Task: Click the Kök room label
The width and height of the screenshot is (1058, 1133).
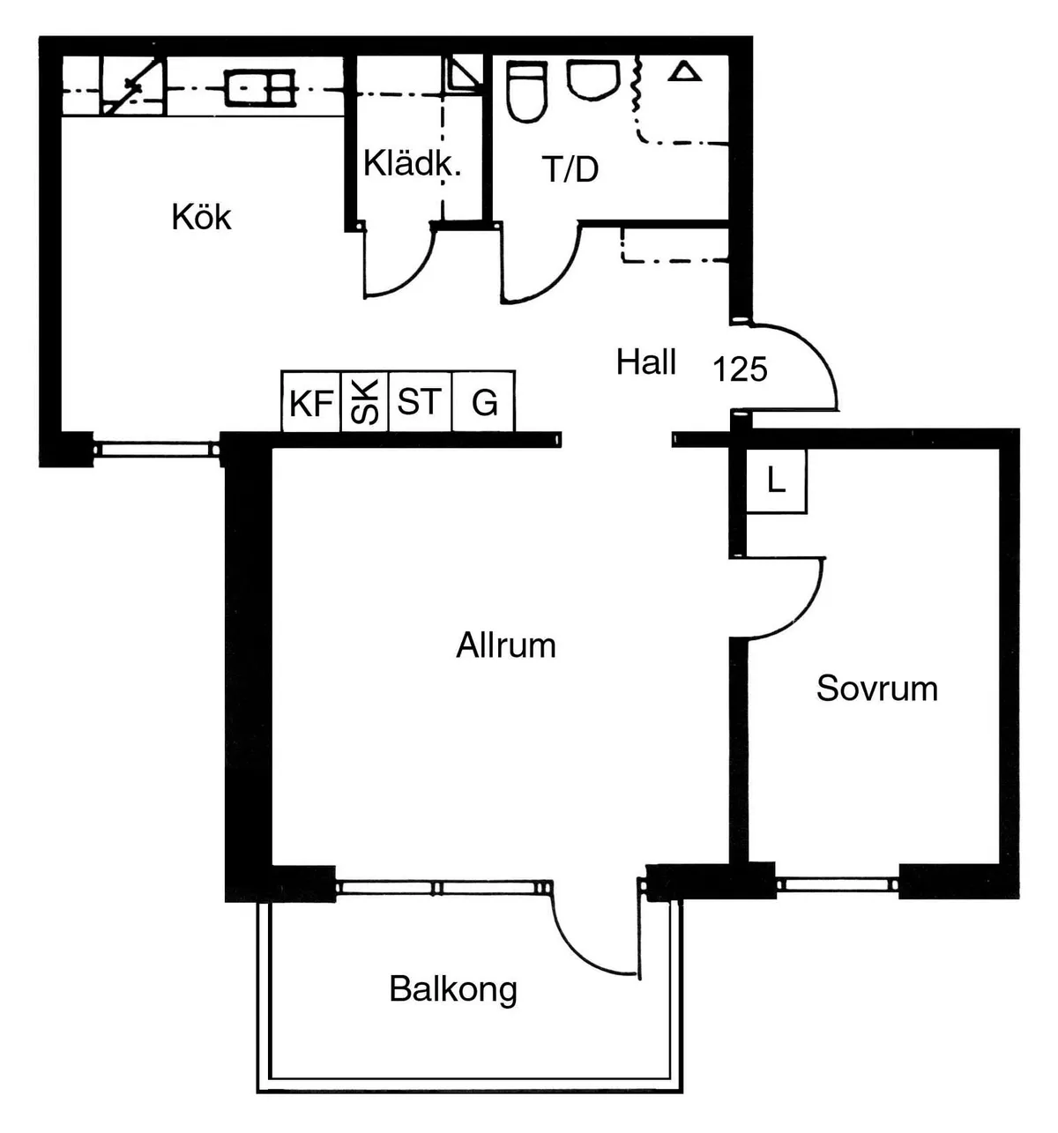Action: pos(201,217)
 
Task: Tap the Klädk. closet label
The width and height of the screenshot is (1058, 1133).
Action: pos(412,163)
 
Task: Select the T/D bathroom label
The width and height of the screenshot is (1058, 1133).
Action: pos(570,169)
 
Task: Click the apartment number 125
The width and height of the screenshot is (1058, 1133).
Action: pos(740,369)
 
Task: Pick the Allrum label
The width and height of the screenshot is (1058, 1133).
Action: pos(505,645)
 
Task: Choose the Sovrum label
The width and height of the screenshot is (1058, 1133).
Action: pos(876,688)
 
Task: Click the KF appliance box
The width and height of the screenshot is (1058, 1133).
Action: pos(311,401)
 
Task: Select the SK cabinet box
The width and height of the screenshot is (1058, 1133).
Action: pos(365,401)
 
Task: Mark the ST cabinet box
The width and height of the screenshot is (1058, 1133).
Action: pos(420,401)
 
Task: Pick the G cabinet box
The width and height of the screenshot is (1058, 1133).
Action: pos(483,401)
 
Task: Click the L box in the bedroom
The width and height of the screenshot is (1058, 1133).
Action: pos(776,481)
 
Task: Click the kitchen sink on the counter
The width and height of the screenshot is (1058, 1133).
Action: pos(259,88)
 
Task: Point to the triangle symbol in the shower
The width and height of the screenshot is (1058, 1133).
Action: pos(684,72)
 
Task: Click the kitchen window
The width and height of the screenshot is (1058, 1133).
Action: pos(156,450)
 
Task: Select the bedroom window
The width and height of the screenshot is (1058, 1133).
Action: pos(838,885)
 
